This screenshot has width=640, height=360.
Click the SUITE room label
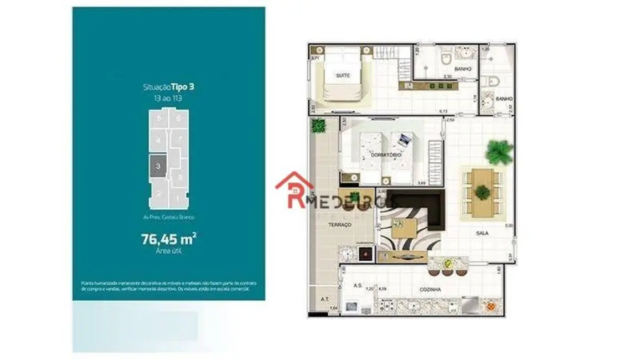click(343, 75)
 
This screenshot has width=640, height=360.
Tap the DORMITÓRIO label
click(386, 156)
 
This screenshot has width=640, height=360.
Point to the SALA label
click(482, 233)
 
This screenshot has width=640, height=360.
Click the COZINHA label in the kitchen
click(430, 290)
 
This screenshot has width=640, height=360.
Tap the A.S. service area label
click(357, 286)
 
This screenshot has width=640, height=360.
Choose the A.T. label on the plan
click(325, 299)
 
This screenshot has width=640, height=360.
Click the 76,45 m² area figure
click(169, 239)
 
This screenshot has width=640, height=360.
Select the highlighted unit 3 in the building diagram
click(158, 166)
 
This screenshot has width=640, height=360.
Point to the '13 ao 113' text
click(168, 97)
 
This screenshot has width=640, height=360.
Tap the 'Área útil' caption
click(168, 251)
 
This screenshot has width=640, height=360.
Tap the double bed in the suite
click(343, 74)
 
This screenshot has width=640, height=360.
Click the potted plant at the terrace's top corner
click(318, 126)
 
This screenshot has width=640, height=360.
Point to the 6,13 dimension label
click(443, 111)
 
